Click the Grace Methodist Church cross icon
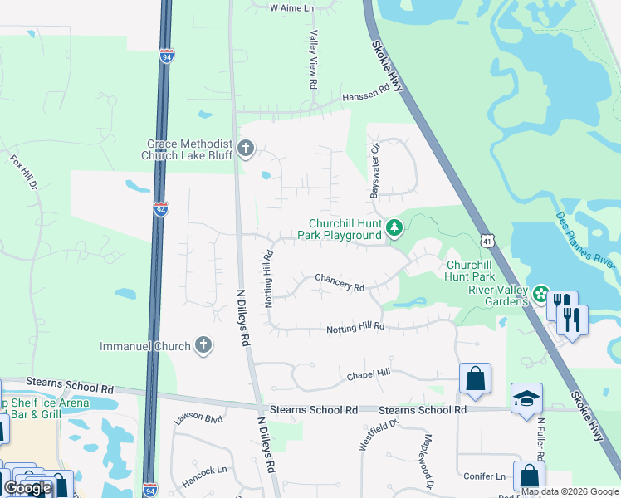point(245,149)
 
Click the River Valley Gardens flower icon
point(540,294)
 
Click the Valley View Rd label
point(314,60)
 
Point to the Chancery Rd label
point(339,282)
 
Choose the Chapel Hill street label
point(368,374)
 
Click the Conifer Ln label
point(489,476)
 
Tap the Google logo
point(27,487)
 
